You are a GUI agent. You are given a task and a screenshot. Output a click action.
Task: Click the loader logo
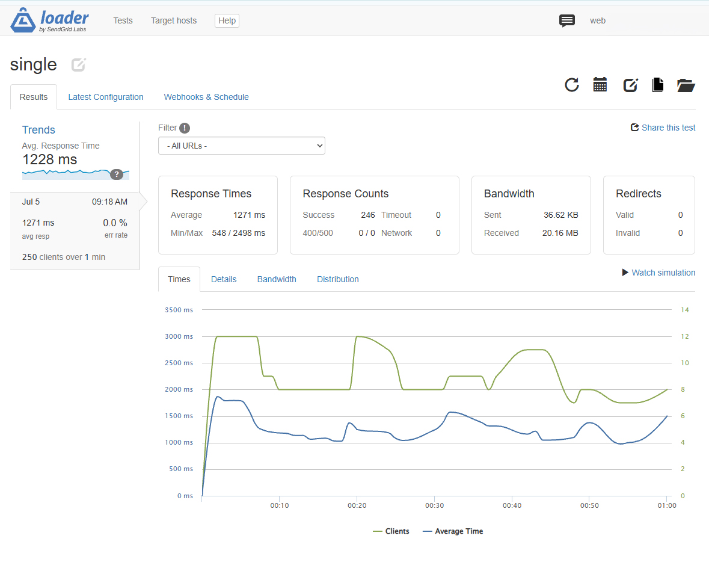coord(50,20)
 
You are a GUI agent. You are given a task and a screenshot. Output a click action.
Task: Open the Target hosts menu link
coord(174,20)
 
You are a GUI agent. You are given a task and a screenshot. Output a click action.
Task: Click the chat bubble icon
coord(566,20)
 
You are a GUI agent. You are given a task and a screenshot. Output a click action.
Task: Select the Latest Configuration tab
coord(106,97)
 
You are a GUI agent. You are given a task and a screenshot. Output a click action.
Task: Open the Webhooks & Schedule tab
coord(206,97)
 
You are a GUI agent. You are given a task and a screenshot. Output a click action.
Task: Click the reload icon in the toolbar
coord(572,85)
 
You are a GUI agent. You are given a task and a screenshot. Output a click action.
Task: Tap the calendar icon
coord(600,85)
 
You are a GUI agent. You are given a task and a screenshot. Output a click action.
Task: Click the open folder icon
coord(686,85)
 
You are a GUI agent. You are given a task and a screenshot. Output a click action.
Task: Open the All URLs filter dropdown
coord(242,146)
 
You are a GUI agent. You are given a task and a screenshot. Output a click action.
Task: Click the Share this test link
coord(663,128)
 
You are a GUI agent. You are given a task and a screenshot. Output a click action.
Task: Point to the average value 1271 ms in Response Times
coord(249,215)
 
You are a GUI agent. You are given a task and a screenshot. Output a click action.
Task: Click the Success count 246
coord(368,215)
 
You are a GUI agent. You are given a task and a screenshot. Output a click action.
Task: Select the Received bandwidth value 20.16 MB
coord(560,233)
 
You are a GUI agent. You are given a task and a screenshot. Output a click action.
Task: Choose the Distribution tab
coord(338,279)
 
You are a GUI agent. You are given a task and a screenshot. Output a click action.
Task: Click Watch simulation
coord(659,273)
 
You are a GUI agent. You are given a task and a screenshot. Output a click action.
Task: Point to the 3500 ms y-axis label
coord(179,310)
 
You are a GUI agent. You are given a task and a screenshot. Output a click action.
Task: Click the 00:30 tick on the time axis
coord(435,505)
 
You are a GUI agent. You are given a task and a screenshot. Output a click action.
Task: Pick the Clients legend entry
coord(391,531)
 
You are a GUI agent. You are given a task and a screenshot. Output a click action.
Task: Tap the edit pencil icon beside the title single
coord(78,65)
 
